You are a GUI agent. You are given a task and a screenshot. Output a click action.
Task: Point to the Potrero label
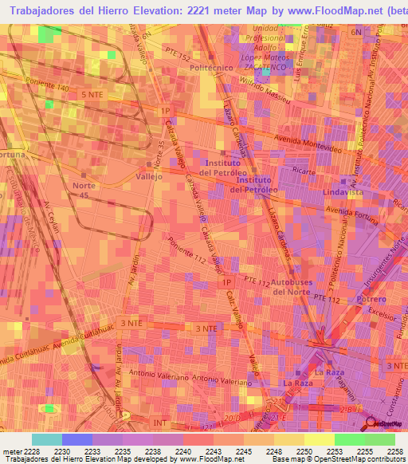click(371, 299)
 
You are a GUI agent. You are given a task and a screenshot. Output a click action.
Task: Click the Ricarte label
click(300, 171)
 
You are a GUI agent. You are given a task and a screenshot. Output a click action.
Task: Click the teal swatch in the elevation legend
click(47, 438)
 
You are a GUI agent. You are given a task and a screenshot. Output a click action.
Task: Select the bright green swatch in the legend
click(350, 438)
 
